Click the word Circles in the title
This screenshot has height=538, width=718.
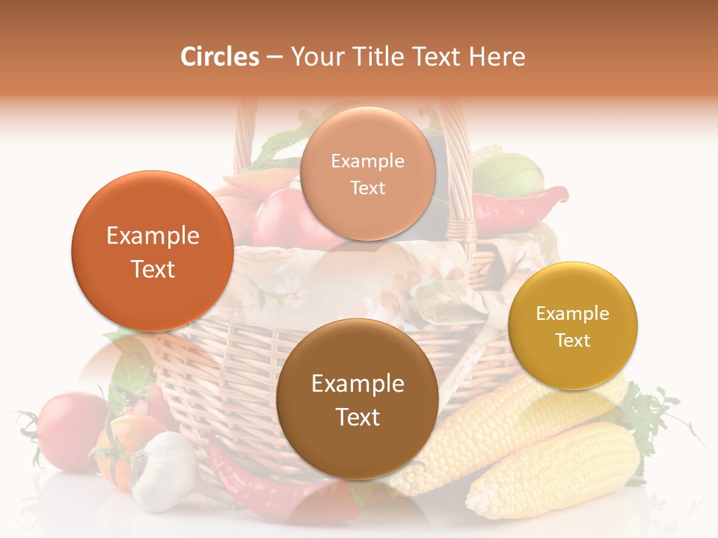[x=219, y=57]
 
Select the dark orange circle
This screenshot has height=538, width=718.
[x=153, y=251]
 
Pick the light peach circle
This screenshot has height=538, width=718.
[x=367, y=173]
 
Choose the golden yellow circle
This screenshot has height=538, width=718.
[x=572, y=326]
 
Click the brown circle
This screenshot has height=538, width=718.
[x=357, y=399]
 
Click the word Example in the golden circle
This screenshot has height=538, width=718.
[x=572, y=313]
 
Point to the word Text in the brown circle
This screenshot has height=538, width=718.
[x=358, y=417]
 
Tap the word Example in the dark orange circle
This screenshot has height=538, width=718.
[x=153, y=236]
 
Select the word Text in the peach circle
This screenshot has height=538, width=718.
[x=367, y=188]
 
